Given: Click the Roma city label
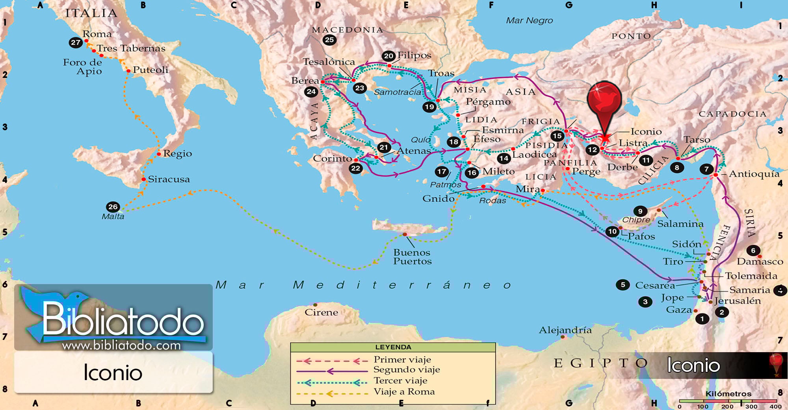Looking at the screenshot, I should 97,34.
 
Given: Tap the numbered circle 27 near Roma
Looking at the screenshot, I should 76,42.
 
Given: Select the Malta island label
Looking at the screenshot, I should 113,216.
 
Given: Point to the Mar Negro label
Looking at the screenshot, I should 529,20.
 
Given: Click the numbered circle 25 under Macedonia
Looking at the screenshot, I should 329,40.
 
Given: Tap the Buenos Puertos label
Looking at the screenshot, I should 412,257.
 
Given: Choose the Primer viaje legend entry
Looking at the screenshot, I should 402,359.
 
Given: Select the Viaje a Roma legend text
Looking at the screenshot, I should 404,392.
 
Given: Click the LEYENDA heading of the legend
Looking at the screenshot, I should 393,347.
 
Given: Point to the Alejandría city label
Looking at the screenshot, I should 565,330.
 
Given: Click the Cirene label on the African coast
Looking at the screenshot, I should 321,312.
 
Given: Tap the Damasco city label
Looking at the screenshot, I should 760,261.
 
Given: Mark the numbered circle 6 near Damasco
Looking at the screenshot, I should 753,250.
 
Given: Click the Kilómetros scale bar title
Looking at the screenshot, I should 728,393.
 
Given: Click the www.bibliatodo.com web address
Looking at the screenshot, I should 121,345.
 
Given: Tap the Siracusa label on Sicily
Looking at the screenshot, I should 169,179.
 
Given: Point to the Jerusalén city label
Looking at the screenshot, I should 737,301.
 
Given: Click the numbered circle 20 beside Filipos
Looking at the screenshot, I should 388,56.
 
